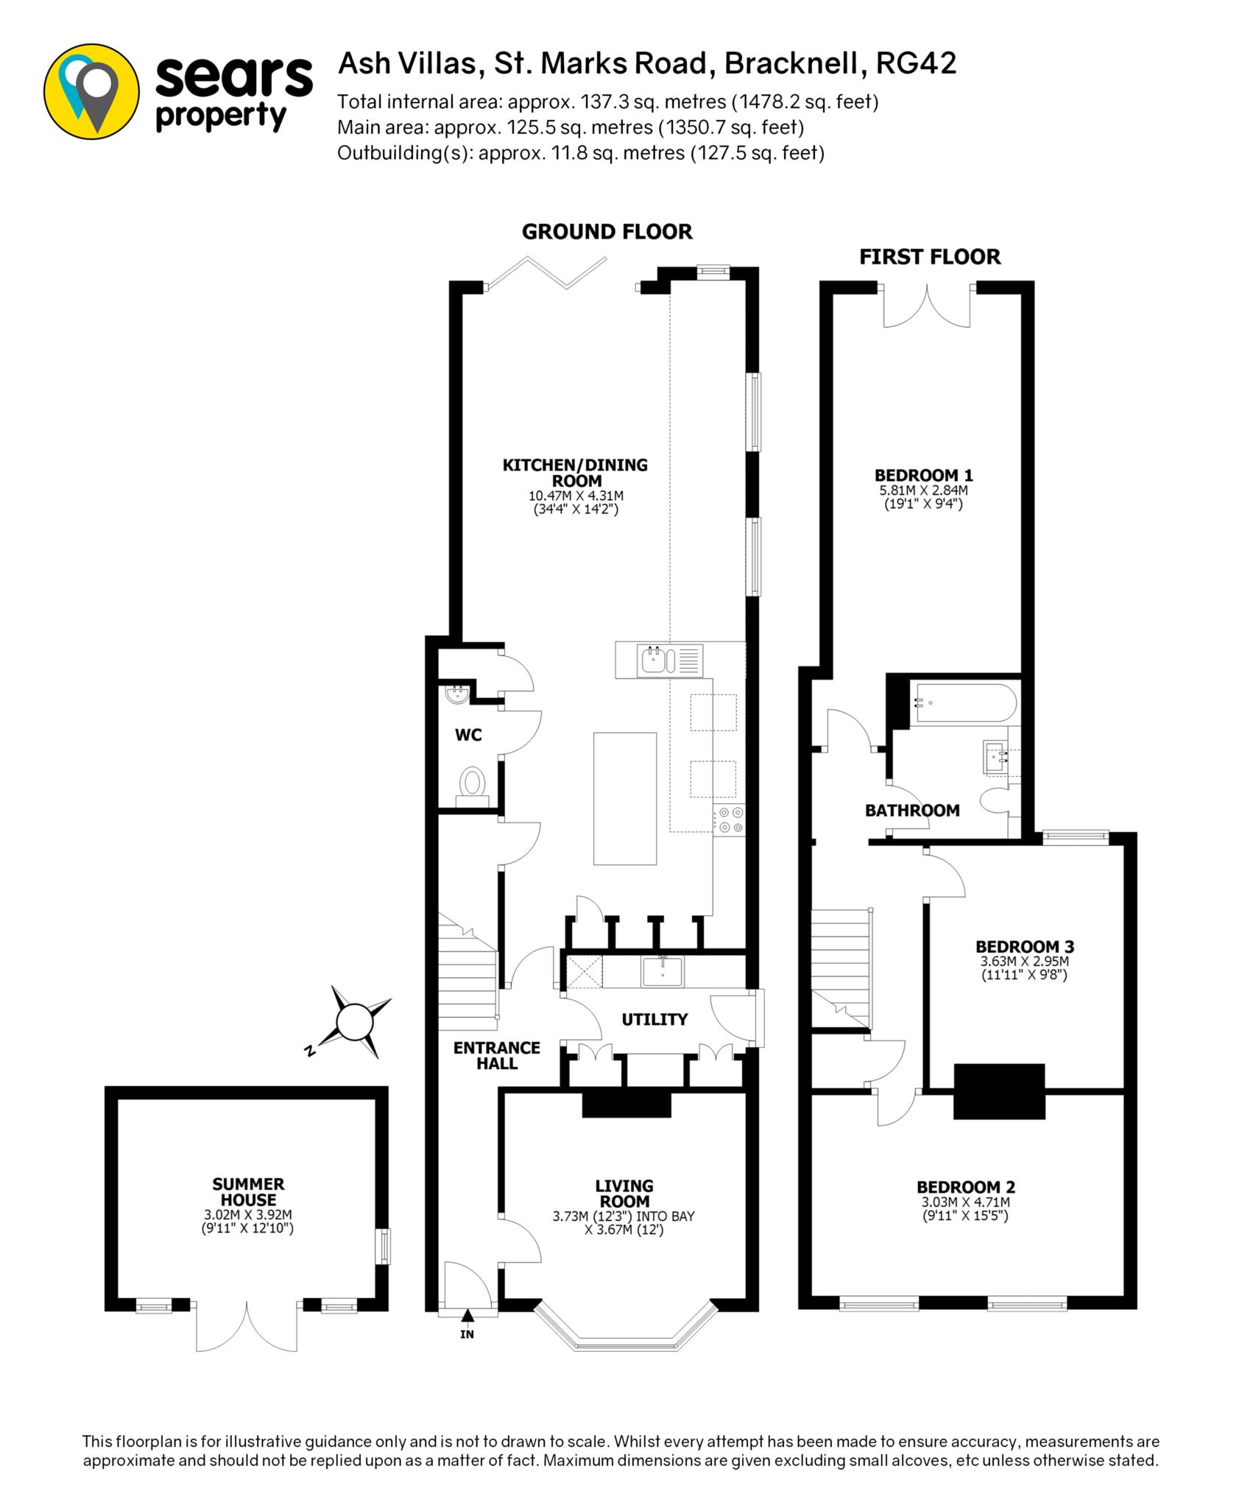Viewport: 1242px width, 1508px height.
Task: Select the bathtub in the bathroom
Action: coord(964,704)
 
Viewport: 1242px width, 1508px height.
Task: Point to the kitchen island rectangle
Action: coord(625,798)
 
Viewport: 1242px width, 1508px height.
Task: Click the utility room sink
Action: coord(663,972)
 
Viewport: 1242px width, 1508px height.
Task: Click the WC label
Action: coord(468,735)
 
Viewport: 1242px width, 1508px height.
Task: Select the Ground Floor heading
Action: coord(607,232)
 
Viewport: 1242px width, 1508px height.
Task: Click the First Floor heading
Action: coord(930,257)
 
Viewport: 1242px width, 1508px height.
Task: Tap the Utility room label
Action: coord(654,1019)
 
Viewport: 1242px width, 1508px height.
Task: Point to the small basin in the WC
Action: coord(457,694)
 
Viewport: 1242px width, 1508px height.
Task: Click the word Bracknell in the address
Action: coord(792,64)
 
